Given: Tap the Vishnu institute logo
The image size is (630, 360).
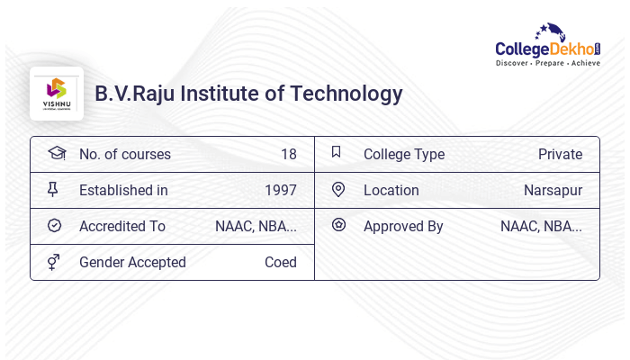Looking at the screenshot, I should point(57,94).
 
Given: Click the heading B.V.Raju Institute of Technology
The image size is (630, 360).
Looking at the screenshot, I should point(248,94).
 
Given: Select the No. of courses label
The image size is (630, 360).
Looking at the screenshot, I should point(124,154).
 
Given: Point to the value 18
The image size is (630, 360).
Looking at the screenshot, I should point(288,154).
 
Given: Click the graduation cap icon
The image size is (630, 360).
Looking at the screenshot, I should point(56,153).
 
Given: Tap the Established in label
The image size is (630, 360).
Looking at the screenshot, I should point(123,190).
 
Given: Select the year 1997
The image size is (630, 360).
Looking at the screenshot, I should point(280,190).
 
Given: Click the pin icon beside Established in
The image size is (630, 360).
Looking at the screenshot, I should point(53,189).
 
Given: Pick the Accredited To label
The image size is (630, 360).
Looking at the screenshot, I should point(122,226).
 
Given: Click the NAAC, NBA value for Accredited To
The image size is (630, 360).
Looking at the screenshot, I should point(256,226).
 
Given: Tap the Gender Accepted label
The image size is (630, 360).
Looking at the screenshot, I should point(132,262).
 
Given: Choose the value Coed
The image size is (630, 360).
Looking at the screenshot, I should point(280,262).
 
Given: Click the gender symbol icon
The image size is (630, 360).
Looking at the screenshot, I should point(54,262).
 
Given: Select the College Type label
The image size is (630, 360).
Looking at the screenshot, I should point(404,154).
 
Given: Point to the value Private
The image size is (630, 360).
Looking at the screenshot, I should point(560,154).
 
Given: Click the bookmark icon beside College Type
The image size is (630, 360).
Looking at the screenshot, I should point(337,152).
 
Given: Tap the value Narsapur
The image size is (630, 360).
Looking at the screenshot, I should point(553,190).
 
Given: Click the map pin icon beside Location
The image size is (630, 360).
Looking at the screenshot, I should point(338,189).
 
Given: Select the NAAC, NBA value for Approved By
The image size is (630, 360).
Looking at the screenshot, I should point(541,226).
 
